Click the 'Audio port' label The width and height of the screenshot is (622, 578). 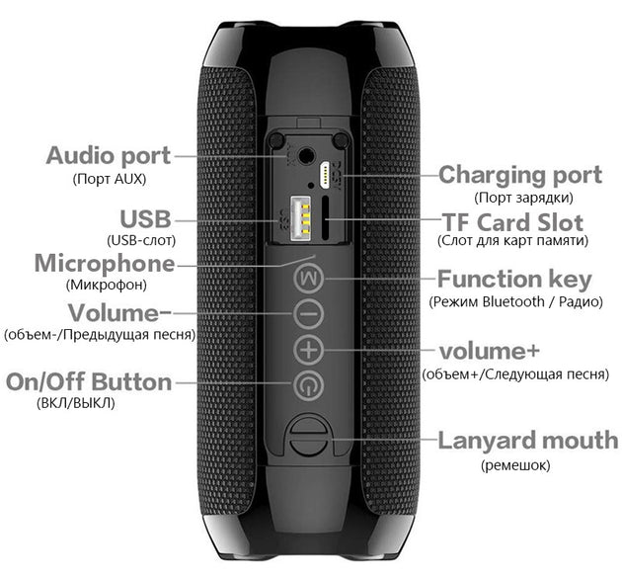coord(109,155)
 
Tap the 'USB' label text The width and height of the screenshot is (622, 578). coord(146,218)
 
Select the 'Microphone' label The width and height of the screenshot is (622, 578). coord(105,264)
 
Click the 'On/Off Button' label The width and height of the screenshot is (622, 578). coord(90,382)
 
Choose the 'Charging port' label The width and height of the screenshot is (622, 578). coord(519,175)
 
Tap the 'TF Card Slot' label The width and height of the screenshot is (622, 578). coord(512,221)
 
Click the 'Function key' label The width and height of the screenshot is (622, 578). coord(514,279)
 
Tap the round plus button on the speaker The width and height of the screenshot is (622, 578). coord(309,349)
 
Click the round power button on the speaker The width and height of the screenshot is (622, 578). coord(309,384)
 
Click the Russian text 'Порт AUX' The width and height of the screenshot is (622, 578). coord(109,179)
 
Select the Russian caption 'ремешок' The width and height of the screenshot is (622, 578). coord(515,464)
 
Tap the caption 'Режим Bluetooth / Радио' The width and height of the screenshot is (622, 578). coord(515,300)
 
